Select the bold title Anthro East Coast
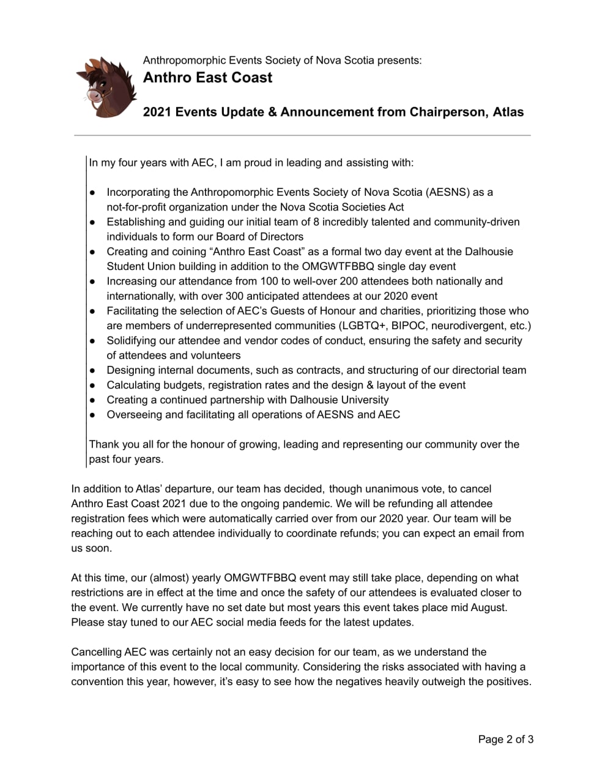click(x=207, y=78)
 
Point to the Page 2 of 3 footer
click(x=505, y=740)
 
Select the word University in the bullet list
click(x=364, y=400)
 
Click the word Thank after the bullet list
click(x=103, y=444)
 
